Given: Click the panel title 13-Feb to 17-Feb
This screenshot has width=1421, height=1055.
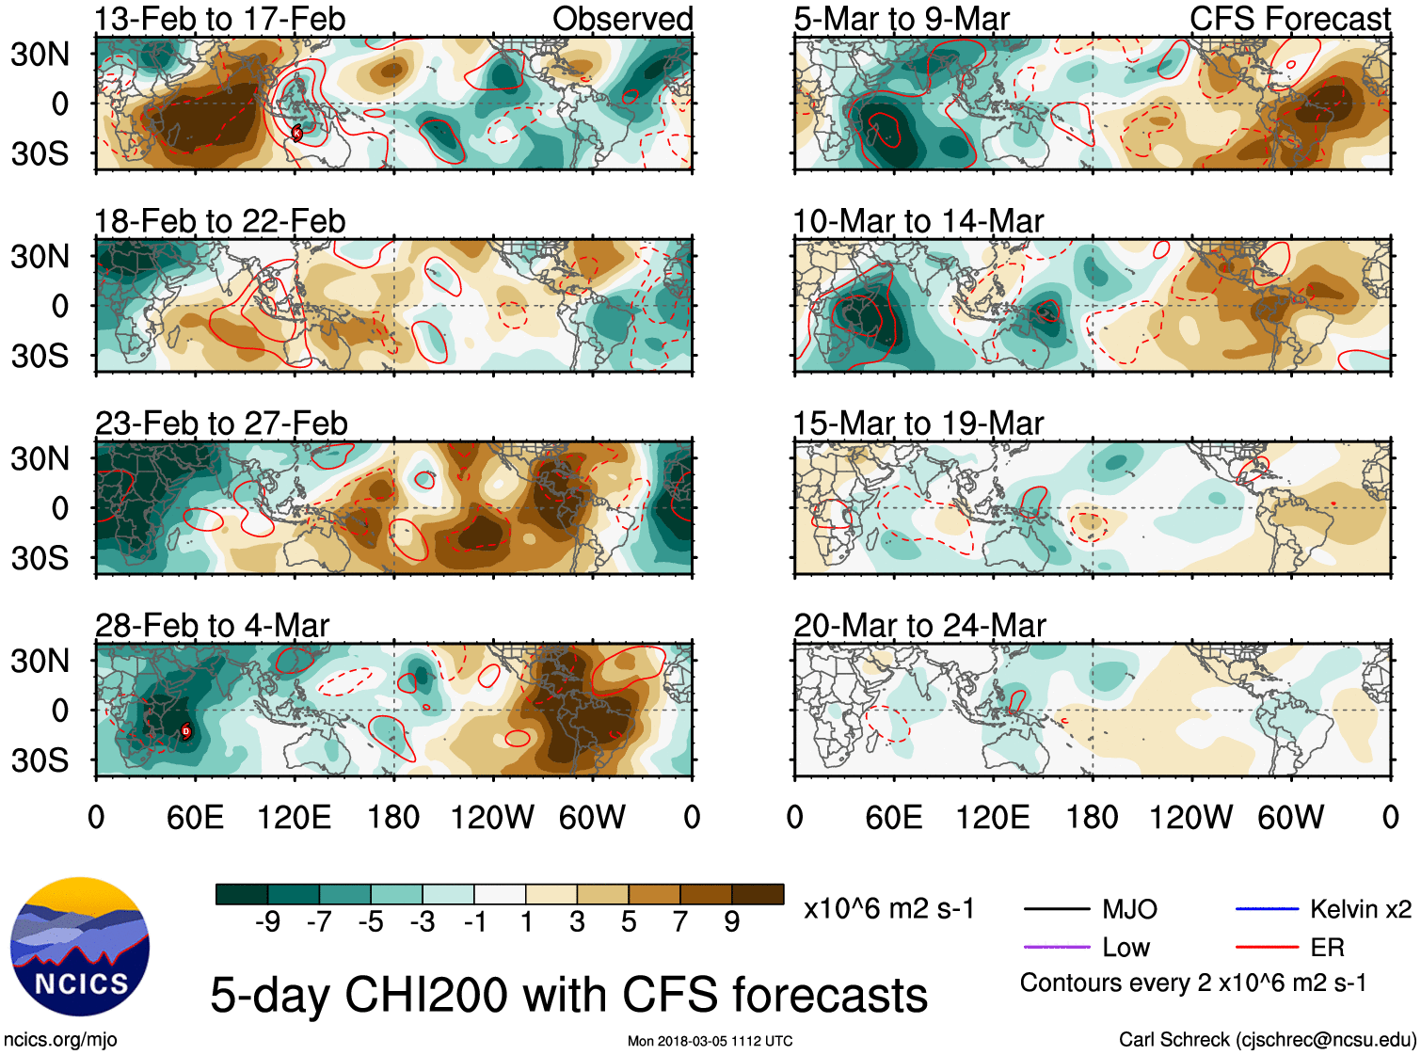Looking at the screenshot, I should point(220,19).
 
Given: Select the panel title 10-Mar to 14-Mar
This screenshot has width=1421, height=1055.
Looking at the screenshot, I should point(918,222).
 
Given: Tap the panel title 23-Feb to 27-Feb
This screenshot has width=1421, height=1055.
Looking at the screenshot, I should point(221,424).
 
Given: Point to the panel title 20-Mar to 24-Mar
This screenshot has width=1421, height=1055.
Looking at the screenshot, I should point(919,626).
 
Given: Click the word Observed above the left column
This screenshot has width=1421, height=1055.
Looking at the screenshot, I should point(622,19).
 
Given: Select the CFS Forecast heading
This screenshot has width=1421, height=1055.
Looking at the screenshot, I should point(1289,19).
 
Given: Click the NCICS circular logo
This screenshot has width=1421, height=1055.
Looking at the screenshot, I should point(80,947).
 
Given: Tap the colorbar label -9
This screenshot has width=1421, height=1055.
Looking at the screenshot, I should point(267,922).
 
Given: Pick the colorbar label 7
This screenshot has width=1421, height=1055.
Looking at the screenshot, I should point(680,922).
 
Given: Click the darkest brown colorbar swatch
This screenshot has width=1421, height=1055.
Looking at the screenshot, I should point(758,894).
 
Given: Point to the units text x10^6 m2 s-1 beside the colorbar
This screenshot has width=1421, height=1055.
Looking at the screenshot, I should point(888,909).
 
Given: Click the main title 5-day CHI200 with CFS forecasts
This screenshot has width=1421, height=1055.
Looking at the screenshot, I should point(568,996).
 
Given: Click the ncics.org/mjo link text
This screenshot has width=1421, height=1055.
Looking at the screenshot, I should point(60,1040).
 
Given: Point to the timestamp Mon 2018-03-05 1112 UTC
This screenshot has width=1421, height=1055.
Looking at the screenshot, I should point(710,1041).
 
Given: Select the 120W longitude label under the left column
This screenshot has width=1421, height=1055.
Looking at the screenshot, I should point(492,817).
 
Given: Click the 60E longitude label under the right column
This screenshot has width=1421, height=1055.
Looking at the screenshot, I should point(893,817).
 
